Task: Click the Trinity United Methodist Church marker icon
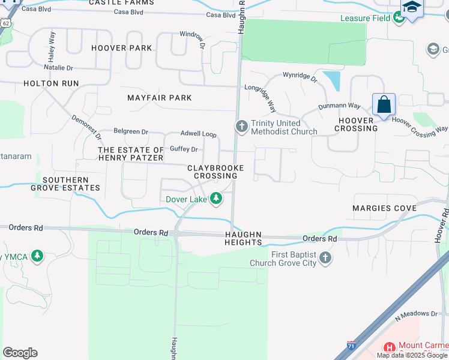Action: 241,127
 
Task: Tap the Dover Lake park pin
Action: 215,199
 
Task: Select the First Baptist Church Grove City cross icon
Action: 325,258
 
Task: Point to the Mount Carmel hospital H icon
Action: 389,347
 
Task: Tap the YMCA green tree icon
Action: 37,257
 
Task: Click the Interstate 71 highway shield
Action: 351,346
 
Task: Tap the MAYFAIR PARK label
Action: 160,98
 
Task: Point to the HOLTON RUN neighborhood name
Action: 51,83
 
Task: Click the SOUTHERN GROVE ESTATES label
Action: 65,184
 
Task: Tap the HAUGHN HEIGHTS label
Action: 244,238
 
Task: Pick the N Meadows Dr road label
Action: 417,314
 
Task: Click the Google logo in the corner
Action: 20,353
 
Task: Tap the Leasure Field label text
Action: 364,19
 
